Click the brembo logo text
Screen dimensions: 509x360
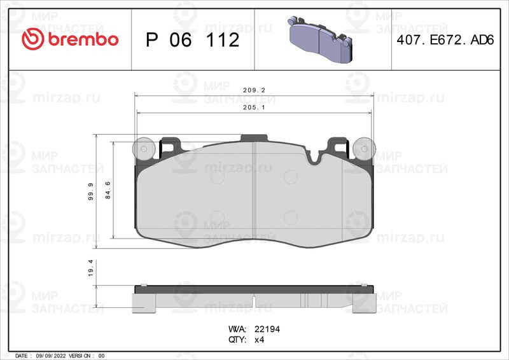(83, 39)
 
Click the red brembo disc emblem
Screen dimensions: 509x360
(32, 39)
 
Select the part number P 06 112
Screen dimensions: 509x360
(193, 40)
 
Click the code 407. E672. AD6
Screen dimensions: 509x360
(445, 40)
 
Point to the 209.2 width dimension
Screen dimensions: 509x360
(254, 90)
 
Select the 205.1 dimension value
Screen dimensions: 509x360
(254, 107)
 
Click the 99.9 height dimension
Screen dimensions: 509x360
(91, 191)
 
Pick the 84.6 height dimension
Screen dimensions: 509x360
(108, 190)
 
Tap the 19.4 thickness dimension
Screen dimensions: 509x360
(91, 268)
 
